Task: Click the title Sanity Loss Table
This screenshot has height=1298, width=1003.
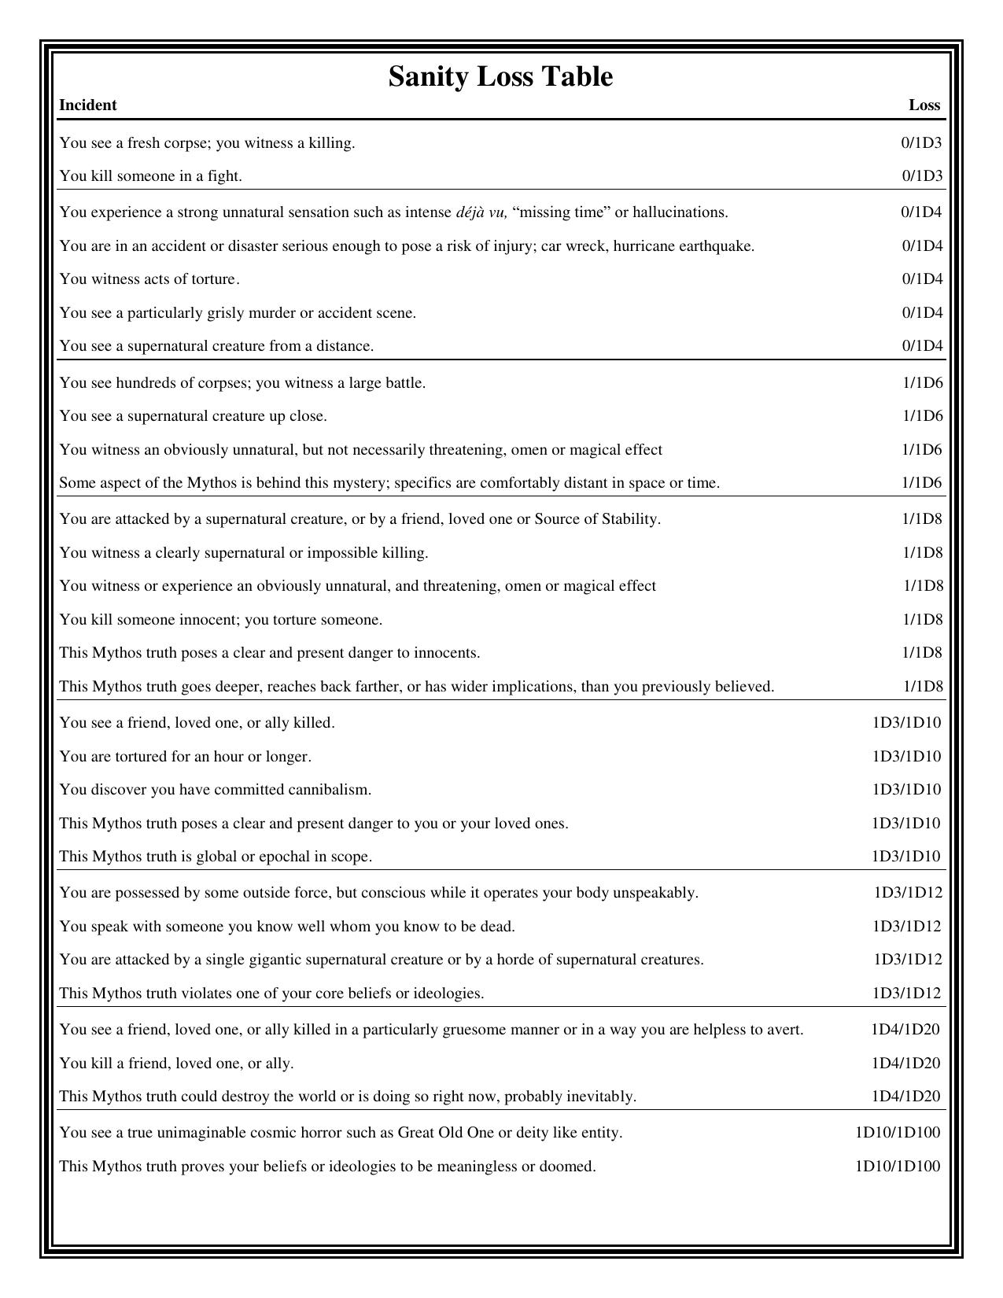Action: tap(500, 77)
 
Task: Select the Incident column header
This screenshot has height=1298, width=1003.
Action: tap(88, 105)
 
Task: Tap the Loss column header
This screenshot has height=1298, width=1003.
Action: tap(924, 105)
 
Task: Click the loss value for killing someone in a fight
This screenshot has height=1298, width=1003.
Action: tap(922, 176)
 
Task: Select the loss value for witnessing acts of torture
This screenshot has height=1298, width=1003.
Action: tap(922, 279)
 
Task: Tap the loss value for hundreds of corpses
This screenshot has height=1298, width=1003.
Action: tap(922, 383)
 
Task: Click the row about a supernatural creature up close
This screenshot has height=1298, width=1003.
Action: tap(194, 416)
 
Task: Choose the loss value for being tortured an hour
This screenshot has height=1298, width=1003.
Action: tap(906, 757)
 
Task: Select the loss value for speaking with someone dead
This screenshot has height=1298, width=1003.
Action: tap(906, 927)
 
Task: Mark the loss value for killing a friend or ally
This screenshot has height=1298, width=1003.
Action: tap(905, 1064)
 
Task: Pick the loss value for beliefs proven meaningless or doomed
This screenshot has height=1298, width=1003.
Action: tap(898, 1167)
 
